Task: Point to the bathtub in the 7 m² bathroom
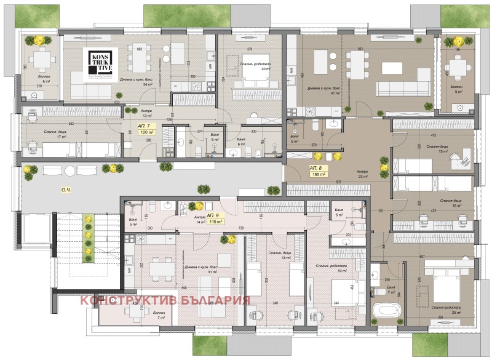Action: tap(387, 308)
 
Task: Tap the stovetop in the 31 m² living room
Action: tap(129, 271)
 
